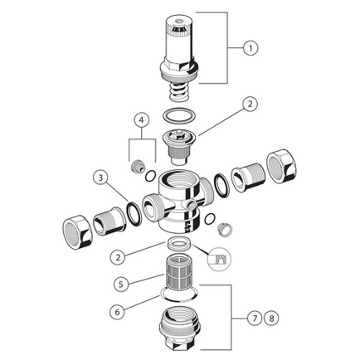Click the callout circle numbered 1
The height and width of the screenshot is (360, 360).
[251, 48]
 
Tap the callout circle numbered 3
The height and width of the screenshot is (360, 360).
[100, 178]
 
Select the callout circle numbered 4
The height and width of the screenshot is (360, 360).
[142, 120]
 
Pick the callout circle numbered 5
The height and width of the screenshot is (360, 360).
[121, 284]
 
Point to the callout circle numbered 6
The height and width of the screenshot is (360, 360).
[118, 312]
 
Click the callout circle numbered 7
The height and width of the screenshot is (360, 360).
[255, 319]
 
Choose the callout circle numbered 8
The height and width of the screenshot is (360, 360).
[271, 319]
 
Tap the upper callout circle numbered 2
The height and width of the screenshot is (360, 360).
[251, 105]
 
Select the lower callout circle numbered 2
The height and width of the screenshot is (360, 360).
[118, 257]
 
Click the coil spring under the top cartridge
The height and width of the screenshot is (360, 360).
[179, 93]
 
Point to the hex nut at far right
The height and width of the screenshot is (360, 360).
[281, 166]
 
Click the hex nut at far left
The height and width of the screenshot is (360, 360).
[77, 232]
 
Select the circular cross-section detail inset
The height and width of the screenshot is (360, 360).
[220, 258]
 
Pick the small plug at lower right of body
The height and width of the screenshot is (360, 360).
[225, 230]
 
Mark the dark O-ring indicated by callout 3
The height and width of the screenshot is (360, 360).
[134, 214]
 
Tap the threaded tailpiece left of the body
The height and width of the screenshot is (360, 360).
[109, 221]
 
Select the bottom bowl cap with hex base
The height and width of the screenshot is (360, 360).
[180, 326]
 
